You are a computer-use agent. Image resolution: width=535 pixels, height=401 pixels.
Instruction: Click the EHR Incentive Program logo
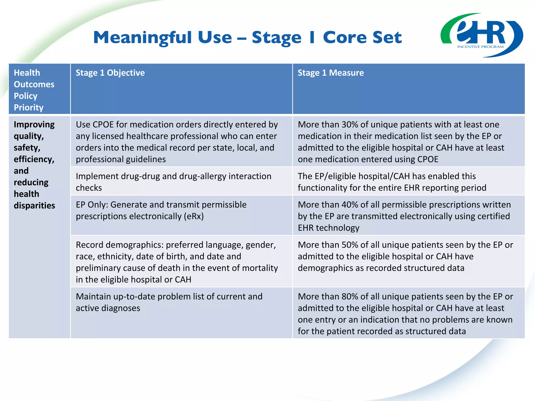tap(481, 35)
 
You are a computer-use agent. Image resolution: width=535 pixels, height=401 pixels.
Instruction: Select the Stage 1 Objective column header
tap(110, 73)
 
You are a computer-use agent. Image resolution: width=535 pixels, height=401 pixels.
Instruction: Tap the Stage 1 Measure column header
tap(330, 73)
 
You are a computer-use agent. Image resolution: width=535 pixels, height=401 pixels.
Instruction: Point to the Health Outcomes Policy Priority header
tap(34, 90)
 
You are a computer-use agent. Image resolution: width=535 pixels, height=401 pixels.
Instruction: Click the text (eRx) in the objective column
tap(194, 216)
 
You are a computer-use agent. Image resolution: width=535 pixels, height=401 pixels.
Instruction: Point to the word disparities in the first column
tap(34, 206)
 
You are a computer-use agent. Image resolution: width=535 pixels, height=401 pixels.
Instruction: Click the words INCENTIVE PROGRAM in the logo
tap(480, 47)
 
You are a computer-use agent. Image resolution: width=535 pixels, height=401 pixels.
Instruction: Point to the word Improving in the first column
tap(34, 125)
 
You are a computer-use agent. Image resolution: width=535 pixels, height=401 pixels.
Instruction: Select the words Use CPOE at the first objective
tap(95, 125)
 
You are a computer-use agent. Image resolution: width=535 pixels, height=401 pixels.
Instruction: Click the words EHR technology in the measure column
tap(328, 228)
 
